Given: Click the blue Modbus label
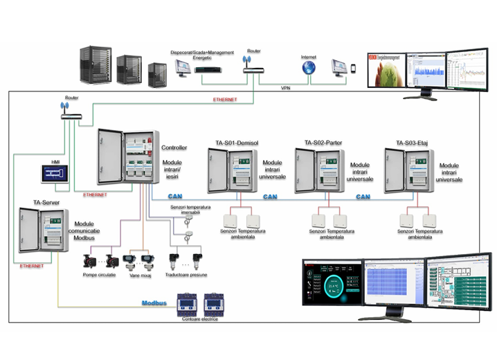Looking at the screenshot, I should [x=154, y=303].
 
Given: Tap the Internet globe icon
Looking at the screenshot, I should [x=308, y=67].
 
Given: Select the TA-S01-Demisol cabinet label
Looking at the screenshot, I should [x=231, y=143].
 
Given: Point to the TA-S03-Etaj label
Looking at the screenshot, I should [x=410, y=143].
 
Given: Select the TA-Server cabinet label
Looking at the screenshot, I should [x=46, y=203].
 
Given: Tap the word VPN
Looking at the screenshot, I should [x=286, y=88].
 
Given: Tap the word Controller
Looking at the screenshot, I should [x=174, y=147].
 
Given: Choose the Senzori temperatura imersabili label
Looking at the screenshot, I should [x=190, y=210].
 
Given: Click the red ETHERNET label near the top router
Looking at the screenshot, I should [x=225, y=100].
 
